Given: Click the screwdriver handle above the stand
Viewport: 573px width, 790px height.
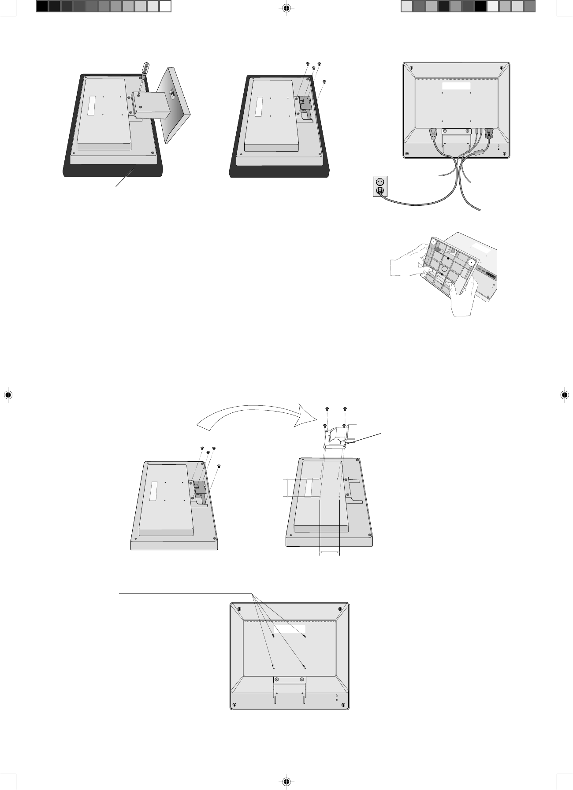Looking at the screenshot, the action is click(145, 70).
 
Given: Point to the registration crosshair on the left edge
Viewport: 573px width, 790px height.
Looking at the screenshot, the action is click(7, 395).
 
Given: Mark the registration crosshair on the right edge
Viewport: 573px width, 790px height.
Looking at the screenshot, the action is click(565, 395).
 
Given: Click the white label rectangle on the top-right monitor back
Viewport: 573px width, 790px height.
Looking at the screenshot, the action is click(457, 86).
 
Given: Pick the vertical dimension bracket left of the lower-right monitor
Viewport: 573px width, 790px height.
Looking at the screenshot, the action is click(287, 487).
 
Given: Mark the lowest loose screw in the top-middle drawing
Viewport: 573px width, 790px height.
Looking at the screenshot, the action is click(324, 82).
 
